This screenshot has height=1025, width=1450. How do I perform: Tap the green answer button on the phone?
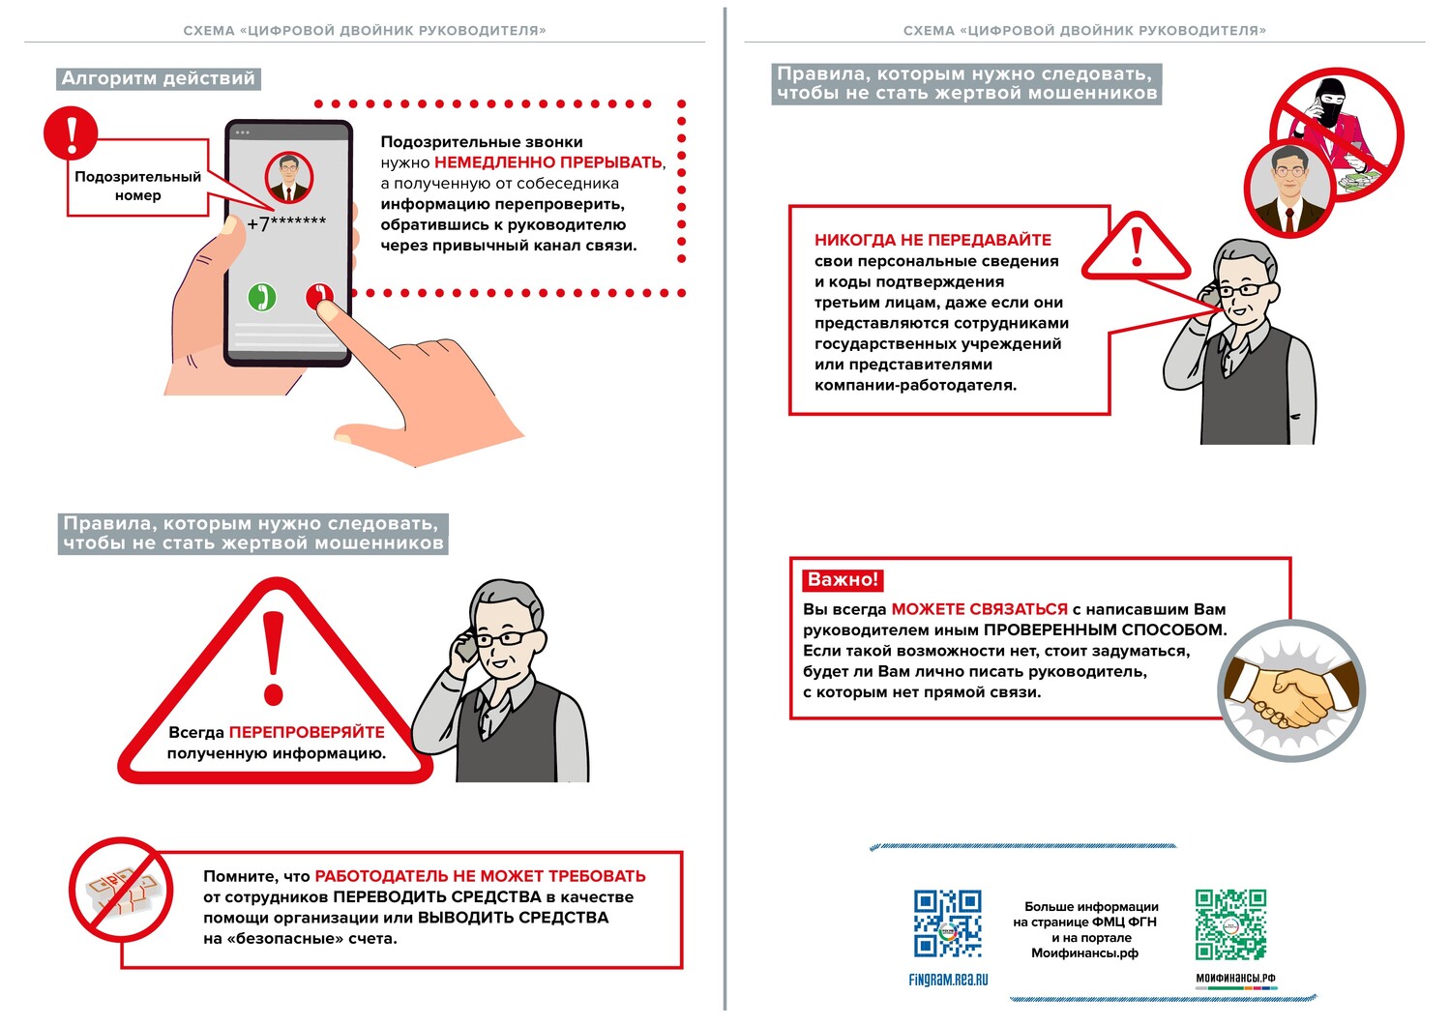pos(261,297)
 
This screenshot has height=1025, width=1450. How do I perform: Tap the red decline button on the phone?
pos(319,295)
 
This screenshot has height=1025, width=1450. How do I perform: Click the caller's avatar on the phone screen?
pos(288,178)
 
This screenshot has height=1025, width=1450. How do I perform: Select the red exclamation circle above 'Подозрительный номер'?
pos(71,132)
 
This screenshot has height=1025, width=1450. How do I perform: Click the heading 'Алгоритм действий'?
pos(159,78)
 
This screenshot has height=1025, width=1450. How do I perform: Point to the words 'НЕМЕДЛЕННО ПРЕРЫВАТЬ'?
pos(547,162)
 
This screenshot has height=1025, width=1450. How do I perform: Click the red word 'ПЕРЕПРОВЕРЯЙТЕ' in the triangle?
pos(307,732)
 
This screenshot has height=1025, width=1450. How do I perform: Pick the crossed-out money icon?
pos(120,890)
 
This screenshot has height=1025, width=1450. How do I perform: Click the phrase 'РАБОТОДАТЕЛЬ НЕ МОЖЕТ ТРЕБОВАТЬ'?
pos(480,876)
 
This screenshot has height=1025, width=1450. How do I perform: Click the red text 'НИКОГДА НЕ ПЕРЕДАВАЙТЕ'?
pos(932,240)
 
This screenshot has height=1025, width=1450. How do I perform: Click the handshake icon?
pos(1290,689)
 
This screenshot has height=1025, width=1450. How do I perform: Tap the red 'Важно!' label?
pos(843,580)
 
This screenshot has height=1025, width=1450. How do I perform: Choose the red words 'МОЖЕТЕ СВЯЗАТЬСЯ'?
pos(979,609)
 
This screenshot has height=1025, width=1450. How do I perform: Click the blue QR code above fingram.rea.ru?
pos(948,924)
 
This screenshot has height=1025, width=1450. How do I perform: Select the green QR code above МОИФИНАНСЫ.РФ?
pos(1230,924)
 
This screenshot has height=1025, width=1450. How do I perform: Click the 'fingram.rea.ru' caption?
pos(948,980)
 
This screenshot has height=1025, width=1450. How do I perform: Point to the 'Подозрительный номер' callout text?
pos(138,186)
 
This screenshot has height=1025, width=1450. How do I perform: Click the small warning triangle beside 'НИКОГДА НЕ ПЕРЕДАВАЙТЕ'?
pos(1136,249)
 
